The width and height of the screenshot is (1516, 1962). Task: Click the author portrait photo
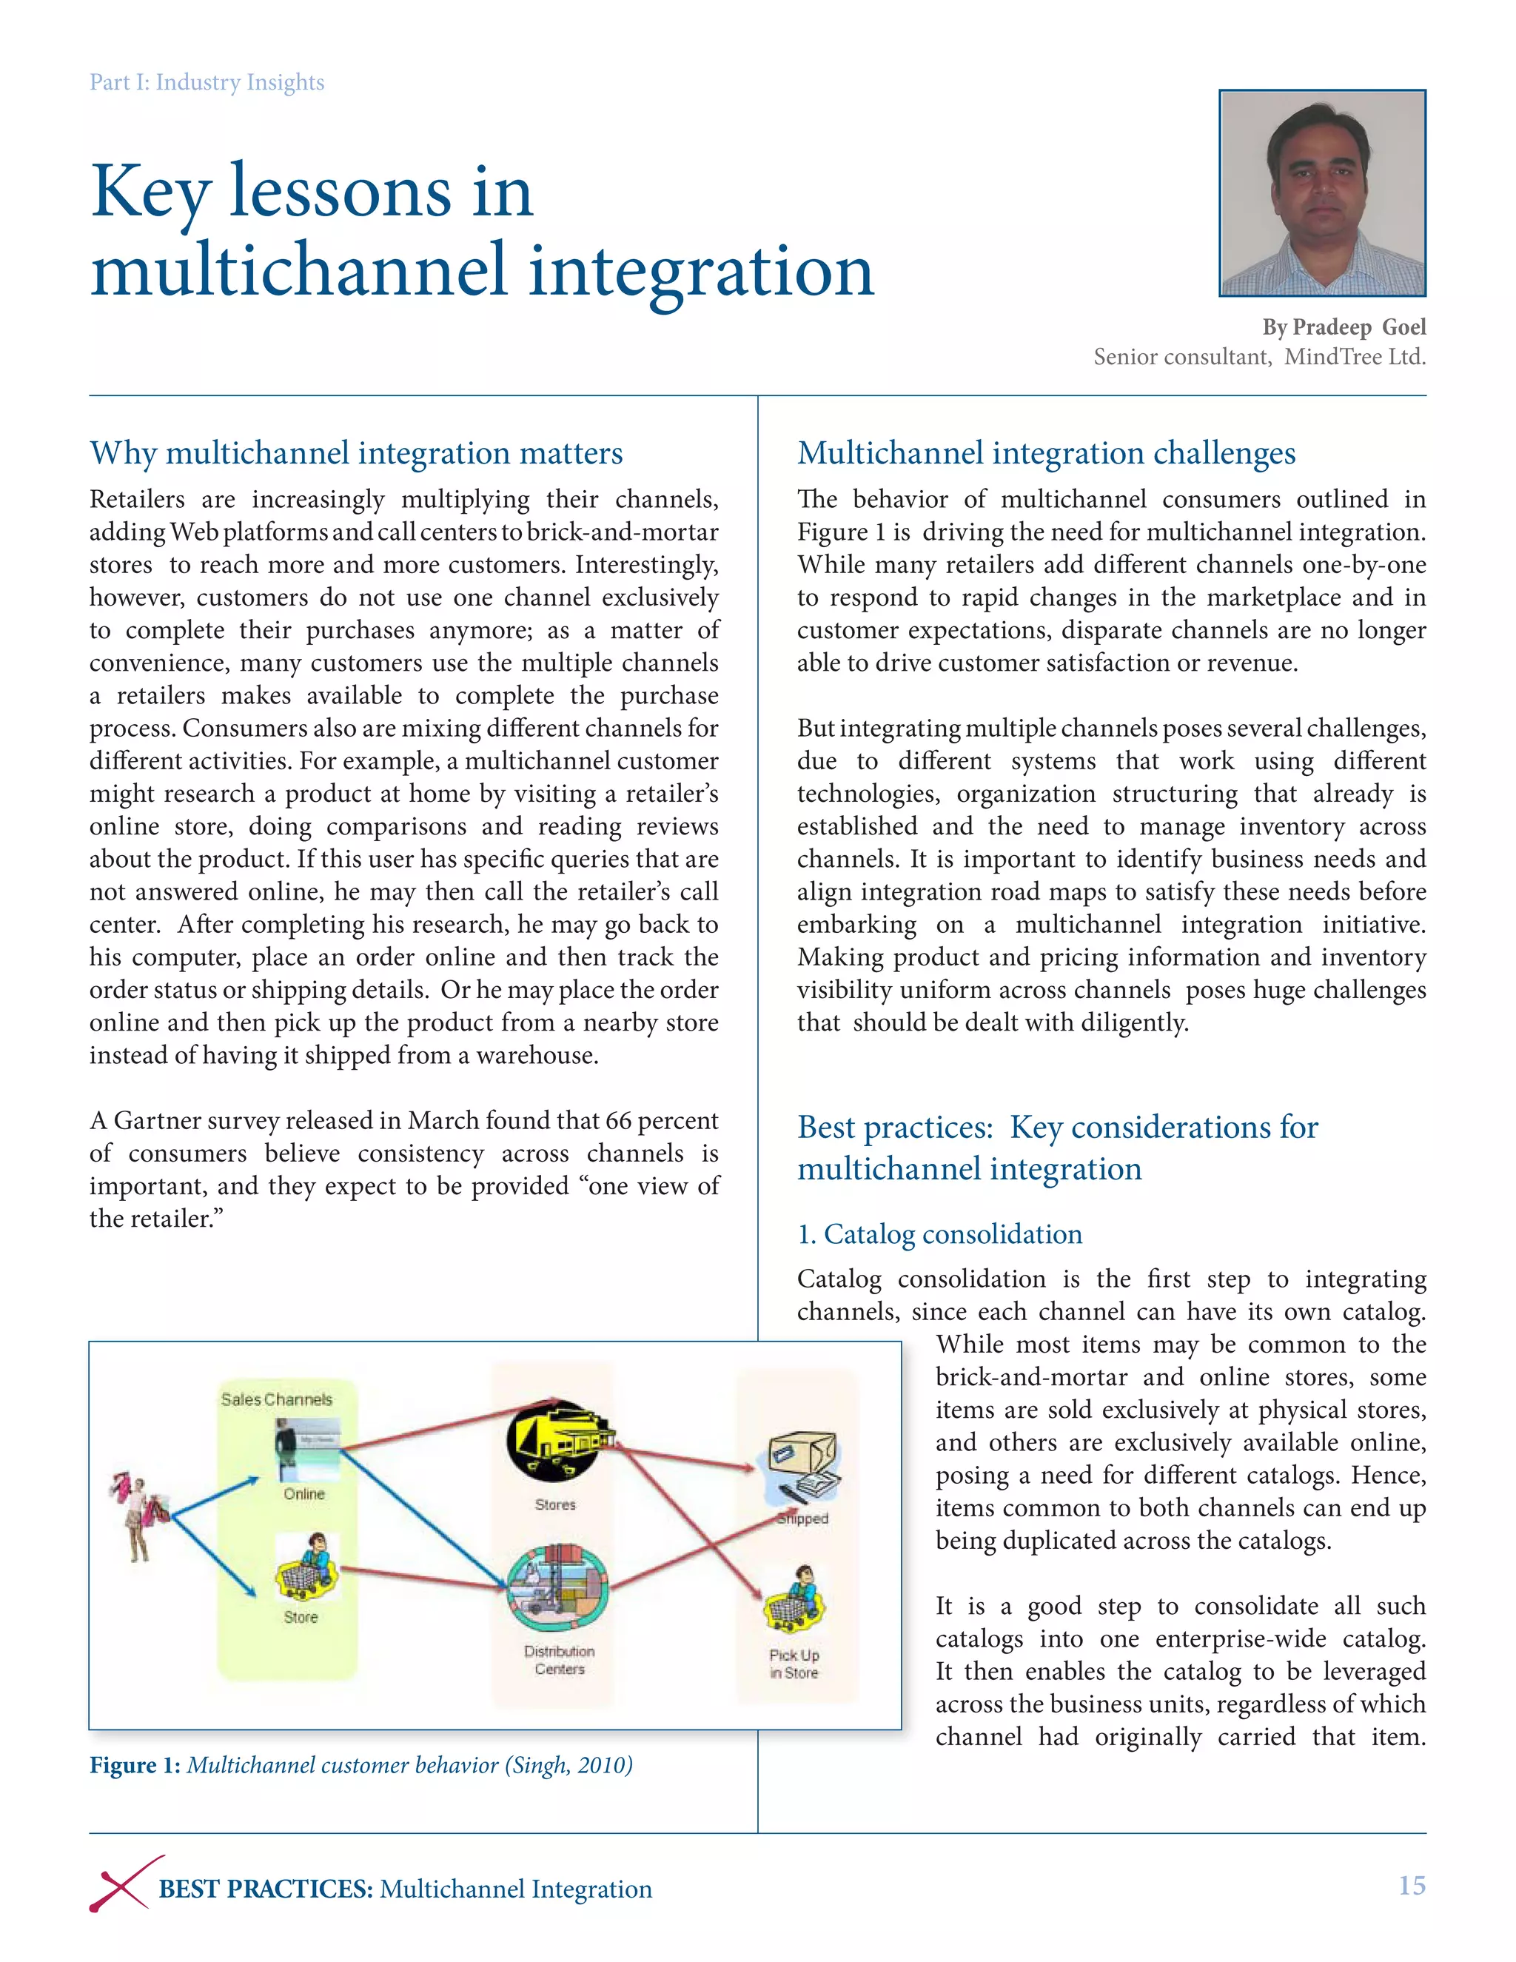1322,193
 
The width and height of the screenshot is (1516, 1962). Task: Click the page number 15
1412,1885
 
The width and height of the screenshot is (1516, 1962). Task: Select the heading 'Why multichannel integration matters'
355,453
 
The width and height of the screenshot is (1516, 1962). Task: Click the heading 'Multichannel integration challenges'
1046,453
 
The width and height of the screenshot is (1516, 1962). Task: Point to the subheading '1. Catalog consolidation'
939,1233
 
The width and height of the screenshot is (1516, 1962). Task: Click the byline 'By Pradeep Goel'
1344,327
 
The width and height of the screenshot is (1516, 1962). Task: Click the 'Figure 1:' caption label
135,1765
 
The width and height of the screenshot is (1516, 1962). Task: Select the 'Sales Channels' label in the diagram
277,1399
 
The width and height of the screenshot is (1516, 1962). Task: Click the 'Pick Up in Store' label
794,1664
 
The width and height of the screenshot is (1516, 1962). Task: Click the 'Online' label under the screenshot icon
304,1494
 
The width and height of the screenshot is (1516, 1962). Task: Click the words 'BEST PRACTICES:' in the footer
266,1889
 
